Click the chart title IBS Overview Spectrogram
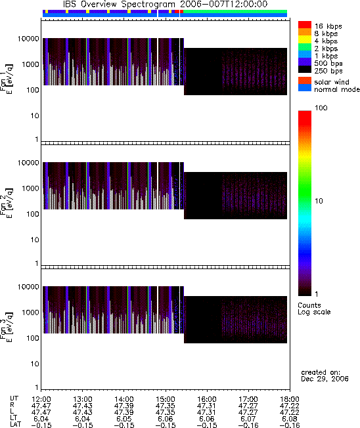coord(119,5)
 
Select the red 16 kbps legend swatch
coord(305,24)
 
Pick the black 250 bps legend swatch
coord(305,70)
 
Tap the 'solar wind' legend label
coord(332,82)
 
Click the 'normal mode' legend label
coord(337,89)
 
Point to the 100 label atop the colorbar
coord(321,108)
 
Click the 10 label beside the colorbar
coord(319,201)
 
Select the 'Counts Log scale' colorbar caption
coord(314,309)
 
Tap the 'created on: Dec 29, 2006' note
coord(325,375)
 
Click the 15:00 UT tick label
coord(166,400)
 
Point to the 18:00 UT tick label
coord(290,400)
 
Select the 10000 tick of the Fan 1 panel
coord(28,39)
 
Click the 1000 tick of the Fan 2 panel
coord(30,188)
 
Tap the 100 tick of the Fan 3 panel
coord(33,338)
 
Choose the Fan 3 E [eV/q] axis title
coord(7,327)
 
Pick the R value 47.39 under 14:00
coord(124,406)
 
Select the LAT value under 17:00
coord(248,425)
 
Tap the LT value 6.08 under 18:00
coord(290,418)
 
